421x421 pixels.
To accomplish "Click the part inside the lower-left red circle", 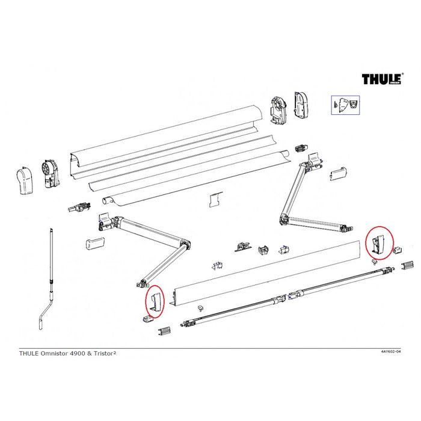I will pos(155,303).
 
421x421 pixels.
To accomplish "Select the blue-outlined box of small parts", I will pos(345,105).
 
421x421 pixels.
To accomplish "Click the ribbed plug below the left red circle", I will pos(166,330).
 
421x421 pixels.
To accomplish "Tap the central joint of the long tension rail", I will pos(283,297).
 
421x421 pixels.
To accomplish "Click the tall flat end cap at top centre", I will pos(301,104).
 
